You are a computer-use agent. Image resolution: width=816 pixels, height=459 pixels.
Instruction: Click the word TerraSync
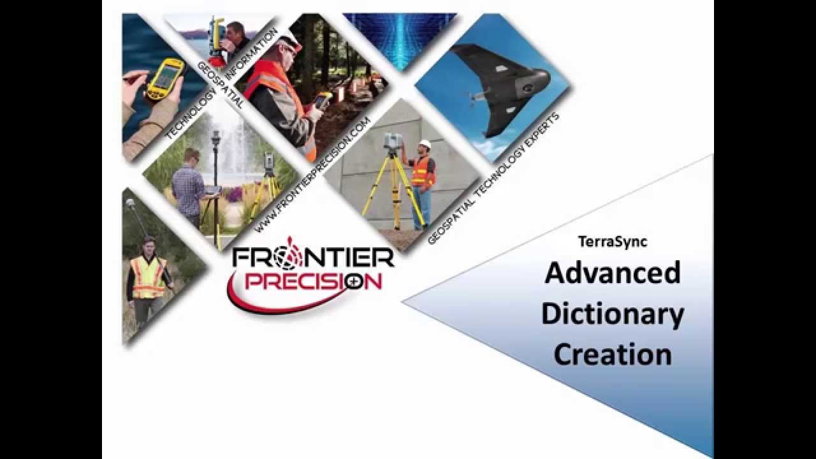coord(612,242)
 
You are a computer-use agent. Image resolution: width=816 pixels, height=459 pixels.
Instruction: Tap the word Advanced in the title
coord(612,273)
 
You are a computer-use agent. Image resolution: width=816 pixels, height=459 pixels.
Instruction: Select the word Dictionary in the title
coord(612,314)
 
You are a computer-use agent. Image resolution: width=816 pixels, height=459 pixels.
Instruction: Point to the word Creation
coord(612,354)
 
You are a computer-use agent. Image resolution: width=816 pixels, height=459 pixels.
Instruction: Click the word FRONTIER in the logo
coord(313,258)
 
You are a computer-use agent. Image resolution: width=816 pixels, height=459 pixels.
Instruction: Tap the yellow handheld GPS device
coord(163,80)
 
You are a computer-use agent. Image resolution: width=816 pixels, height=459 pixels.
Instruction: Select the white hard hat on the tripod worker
coord(425,145)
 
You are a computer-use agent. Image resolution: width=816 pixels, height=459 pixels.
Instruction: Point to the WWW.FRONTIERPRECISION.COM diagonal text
coord(312,175)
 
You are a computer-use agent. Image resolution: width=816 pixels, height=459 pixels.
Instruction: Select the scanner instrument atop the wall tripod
coord(392,143)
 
